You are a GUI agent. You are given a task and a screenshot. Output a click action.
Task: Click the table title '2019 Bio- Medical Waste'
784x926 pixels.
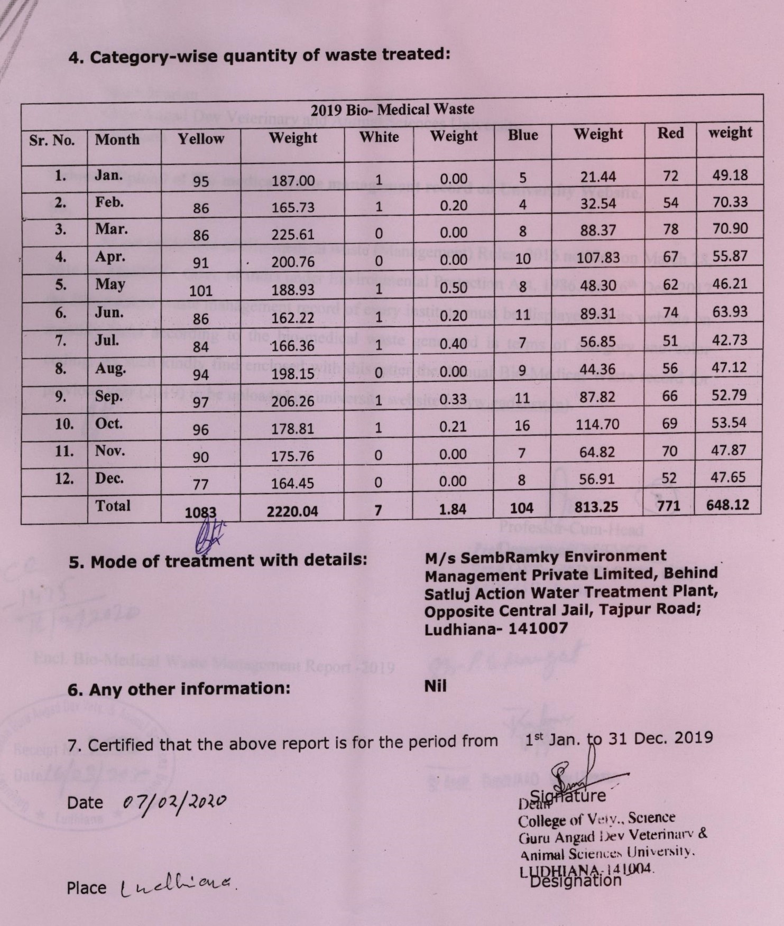pyautogui.click(x=392, y=109)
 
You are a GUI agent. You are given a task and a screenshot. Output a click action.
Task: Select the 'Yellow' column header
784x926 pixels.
pyautogui.click(x=201, y=139)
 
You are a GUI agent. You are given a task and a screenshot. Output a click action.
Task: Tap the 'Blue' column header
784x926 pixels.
pyautogui.click(x=523, y=135)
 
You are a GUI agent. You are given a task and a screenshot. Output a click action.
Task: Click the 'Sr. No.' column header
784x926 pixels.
pyautogui.click(x=52, y=141)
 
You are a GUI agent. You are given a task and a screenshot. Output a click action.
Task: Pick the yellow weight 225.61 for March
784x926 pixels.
pyautogui.click(x=293, y=235)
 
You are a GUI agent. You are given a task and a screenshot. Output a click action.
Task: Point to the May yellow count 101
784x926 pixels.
pyautogui.click(x=201, y=291)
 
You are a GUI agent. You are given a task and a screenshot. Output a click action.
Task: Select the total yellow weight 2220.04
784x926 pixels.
pyautogui.click(x=292, y=511)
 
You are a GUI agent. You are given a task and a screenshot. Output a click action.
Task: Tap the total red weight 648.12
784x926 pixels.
pyautogui.click(x=728, y=505)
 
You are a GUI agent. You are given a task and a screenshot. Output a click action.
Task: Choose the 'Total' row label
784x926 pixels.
pyautogui.click(x=113, y=505)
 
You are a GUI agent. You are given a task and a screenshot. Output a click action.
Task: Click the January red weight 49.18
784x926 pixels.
pyautogui.click(x=730, y=175)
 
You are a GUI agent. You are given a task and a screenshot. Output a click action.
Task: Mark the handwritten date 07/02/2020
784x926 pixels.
pyautogui.click(x=174, y=802)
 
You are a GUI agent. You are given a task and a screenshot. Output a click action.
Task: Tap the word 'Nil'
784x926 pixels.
pyautogui.click(x=436, y=686)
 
